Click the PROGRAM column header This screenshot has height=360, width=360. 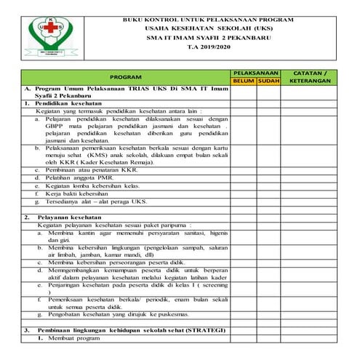(125, 76)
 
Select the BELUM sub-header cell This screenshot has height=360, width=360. (244, 81)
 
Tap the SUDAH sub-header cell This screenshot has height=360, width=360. (269, 81)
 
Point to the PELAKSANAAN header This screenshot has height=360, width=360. (256, 73)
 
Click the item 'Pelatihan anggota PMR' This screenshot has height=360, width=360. (84, 177)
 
